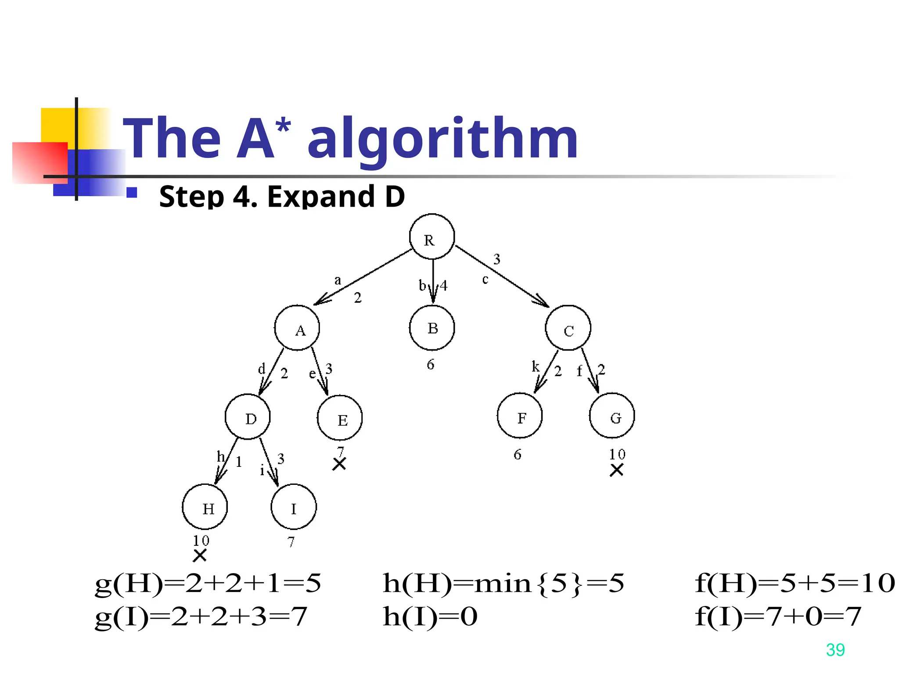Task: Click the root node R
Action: point(432,237)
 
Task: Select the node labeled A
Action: point(297,328)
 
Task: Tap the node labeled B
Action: point(432,328)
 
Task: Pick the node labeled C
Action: point(568,328)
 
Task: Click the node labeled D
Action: point(248,417)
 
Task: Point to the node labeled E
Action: point(340,418)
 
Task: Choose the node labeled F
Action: point(520,416)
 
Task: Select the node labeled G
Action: point(612,416)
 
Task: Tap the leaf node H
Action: point(205,507)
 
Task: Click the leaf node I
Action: point(294,507)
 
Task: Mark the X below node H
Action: point(200,556)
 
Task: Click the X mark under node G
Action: point(617,470)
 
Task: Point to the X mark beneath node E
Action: point(339,464)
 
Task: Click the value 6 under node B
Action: point(431,365)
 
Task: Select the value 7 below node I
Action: point(291,542)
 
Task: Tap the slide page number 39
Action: point(835,650)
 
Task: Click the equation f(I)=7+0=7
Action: point(778,617)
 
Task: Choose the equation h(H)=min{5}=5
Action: point(503,584)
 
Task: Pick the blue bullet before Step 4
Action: point(132,193)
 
